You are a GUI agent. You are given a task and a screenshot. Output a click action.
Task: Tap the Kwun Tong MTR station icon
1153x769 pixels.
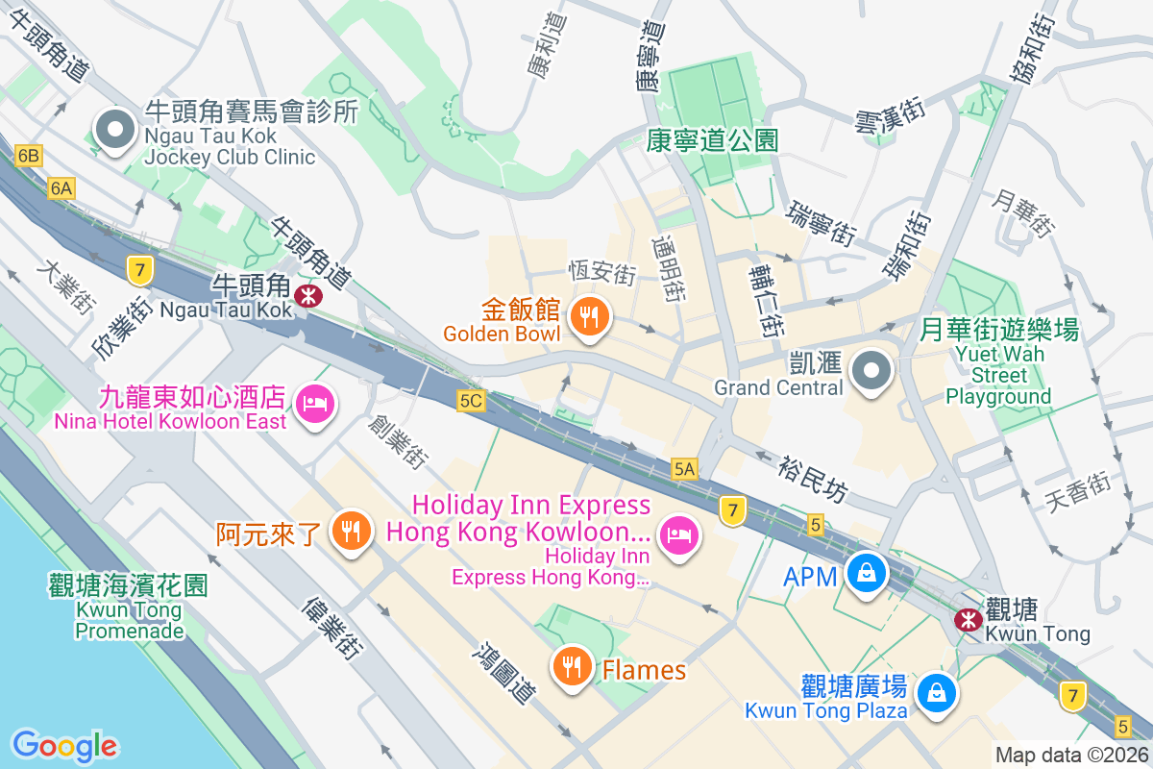pos(967,620)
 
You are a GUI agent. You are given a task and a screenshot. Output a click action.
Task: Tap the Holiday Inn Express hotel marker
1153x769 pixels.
pos(678,533)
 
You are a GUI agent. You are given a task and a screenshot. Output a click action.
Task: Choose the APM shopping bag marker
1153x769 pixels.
pos(867,574)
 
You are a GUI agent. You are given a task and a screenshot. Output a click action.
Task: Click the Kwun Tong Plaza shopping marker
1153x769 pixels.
pos(935,692)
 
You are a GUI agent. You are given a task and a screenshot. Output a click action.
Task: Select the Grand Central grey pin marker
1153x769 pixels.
pos(872,370)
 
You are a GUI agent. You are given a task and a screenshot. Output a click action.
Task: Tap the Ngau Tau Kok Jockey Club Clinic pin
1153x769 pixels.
pos(115,131)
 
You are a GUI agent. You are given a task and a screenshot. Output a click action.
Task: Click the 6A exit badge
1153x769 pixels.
pos(61,188)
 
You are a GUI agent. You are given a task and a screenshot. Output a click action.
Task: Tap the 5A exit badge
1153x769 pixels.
pos(684,468)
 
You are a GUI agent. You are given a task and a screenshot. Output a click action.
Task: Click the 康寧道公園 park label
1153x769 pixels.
pos(711,141)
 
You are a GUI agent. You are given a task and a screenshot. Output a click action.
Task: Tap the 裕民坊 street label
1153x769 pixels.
pos(813,478)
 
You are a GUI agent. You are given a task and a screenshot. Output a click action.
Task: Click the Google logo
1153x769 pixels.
pos(64,745)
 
